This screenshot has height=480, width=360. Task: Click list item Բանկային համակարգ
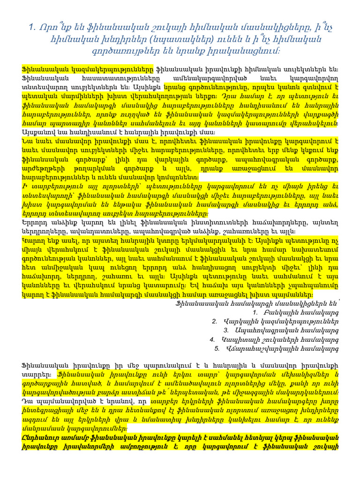(x=301, y=312)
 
